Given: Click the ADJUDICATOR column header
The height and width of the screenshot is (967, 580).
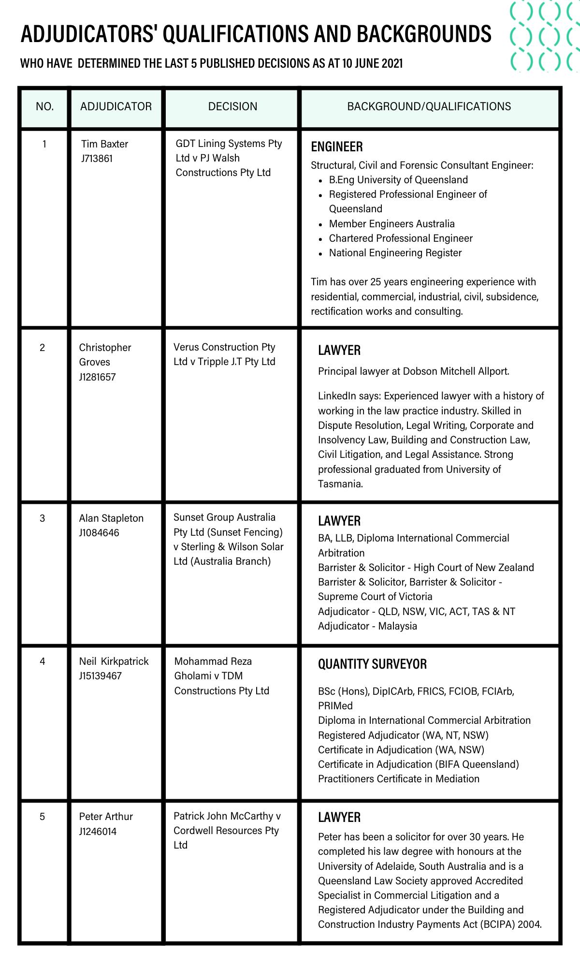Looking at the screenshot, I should (116, 106).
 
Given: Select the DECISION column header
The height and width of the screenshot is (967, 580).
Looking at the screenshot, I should (232, 106).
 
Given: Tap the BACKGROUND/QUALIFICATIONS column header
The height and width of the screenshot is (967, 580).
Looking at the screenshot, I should (429, 106).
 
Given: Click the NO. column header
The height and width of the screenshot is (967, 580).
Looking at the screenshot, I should (44, 106).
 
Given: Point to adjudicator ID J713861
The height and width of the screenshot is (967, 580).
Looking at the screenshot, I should (97, 159).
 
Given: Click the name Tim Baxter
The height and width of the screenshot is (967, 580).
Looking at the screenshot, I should (104, 144).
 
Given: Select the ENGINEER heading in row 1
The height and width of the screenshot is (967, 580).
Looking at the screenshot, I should (336, 147).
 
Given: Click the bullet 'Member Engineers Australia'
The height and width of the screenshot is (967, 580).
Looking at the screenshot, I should (391, 224).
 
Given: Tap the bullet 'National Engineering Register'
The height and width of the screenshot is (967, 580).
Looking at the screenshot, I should (395, 253).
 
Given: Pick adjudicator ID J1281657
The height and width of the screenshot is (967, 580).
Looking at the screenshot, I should (97, 377).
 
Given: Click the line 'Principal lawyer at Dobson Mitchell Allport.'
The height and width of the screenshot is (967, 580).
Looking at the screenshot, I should (413, 371).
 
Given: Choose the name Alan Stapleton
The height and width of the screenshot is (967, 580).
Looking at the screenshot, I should (111, 518).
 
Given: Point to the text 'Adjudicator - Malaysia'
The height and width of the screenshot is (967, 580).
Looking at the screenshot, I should (367, 626).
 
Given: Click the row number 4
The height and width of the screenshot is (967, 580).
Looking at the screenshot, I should (43, 661).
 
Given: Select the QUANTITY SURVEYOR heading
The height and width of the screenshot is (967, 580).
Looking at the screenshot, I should (372, 664).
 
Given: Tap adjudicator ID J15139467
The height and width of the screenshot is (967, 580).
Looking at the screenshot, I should (101, 676).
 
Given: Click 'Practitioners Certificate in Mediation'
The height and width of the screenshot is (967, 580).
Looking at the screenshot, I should (399, 779).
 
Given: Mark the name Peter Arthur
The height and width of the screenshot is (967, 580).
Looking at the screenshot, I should (106, 817).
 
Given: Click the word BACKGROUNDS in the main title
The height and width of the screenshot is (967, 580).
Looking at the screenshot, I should (424, 34).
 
